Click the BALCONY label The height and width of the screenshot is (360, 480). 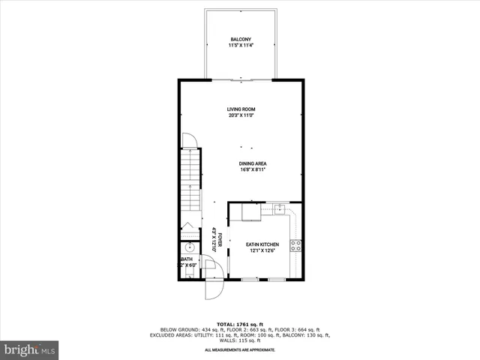pos(241,39)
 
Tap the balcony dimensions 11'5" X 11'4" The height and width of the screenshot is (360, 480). pos(241,46)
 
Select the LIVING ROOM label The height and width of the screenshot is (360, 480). pos(241,109)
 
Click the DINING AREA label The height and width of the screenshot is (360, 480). pos(253,163)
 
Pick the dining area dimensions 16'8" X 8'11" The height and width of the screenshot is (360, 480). pos(253,170)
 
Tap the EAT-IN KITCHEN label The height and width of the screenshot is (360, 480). pos(262,244)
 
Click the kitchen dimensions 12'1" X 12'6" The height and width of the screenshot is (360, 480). pos(262,251)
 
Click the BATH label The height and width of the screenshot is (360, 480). pos(187,259)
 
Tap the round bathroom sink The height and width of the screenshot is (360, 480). pos(190,247)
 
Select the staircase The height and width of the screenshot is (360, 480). pos(190,180)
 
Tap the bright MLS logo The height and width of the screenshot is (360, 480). pos(30,349)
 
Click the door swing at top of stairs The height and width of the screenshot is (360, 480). pos(189,139)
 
